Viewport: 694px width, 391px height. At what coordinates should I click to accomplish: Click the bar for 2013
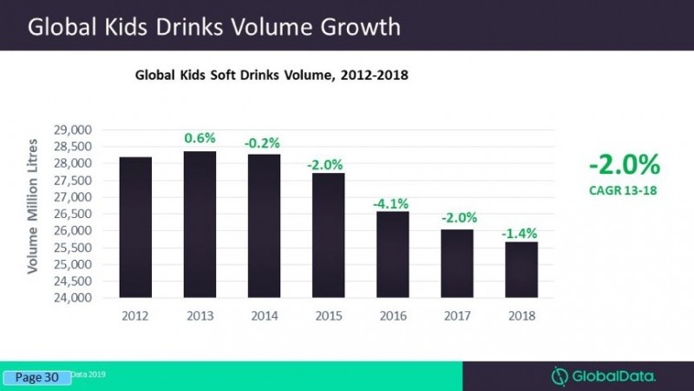[x=200, y=225]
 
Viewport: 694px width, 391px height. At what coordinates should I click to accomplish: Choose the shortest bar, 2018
[x=521, y=270]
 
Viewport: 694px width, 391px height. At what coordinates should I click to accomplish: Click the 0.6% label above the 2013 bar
[x=200, y=138]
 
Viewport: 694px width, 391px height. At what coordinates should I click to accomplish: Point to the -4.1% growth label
[x=392, y=202]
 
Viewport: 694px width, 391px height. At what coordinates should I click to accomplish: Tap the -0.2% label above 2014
[x=265, y=142]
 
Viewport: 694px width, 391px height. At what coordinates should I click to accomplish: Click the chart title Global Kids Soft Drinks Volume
[x=272, y=76]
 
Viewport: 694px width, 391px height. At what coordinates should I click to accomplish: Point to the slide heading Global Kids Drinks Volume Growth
[x=214, y=27]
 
